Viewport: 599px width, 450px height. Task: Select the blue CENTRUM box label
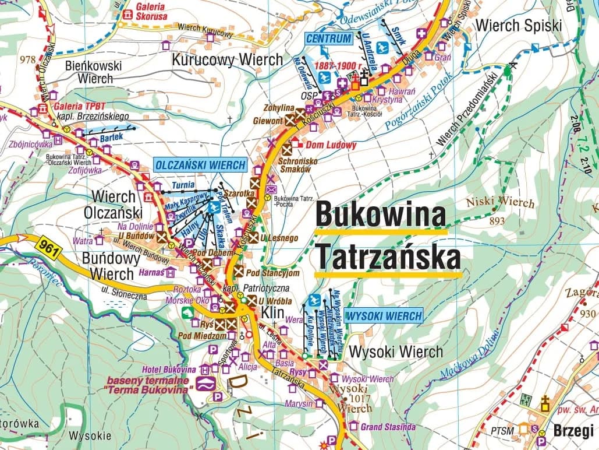point(329,39)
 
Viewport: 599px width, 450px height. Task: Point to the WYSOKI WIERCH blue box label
point(383,317)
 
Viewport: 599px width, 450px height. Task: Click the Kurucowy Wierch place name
point(227,59)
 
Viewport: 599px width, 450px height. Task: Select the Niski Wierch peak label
point(499,203)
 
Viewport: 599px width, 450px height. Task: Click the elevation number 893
point(497,221)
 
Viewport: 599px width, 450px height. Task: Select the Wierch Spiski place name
point(519,26)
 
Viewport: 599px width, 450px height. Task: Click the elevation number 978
point(27,59)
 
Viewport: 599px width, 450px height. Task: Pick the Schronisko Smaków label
point(296,164)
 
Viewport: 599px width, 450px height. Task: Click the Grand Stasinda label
point(388,427)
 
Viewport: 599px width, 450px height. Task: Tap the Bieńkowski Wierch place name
point(94,72)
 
